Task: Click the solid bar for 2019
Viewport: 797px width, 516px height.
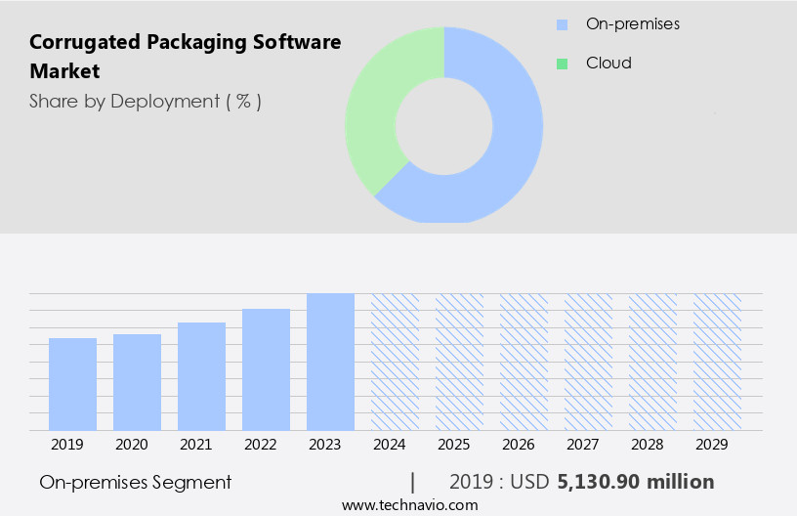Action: [73, 384]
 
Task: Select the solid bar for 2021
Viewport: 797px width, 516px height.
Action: [202, 376]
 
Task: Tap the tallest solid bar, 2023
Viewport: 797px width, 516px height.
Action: [330, 362]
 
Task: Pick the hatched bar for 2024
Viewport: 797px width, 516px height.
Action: [395, 362]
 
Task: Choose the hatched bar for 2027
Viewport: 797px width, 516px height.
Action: [588, 362]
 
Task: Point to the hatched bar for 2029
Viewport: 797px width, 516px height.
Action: [717, 362]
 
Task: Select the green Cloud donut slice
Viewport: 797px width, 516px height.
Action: [376, 107]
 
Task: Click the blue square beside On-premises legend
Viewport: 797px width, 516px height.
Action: [562, 24]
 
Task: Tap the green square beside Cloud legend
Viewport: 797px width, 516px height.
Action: [562, 64]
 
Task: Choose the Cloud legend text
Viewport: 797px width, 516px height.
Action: [608, 64]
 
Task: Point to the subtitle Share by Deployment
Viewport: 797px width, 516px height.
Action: [145, 101]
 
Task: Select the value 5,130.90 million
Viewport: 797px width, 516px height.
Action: [636, 482]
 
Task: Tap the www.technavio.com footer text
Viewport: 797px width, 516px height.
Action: [410, 504]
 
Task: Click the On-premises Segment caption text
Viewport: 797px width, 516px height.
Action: [136, 482]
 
